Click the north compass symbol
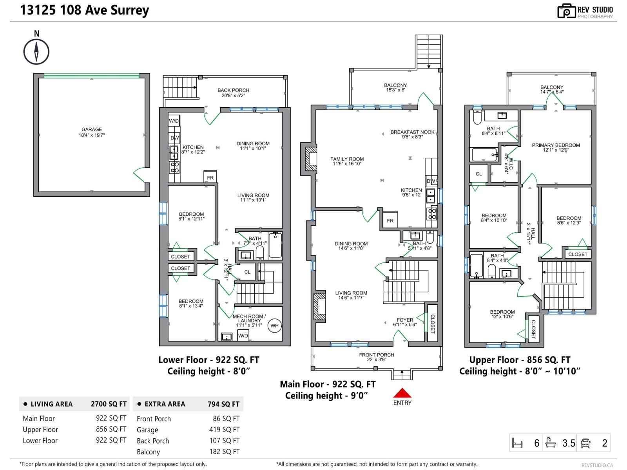click(x=36, y=51)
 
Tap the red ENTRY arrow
click(x=402, y=393)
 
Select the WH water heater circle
click(x=275, y=326)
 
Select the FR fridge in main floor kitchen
click(x=390, y=221)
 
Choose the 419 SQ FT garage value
click(x=224, y=430)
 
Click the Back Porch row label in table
click(x=153, y=441)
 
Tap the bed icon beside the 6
click(x=517, y=443)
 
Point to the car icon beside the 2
click(x=585, y=443)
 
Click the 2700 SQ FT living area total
click(x=109, y=404)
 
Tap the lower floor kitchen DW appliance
click(x=174, y=138)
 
